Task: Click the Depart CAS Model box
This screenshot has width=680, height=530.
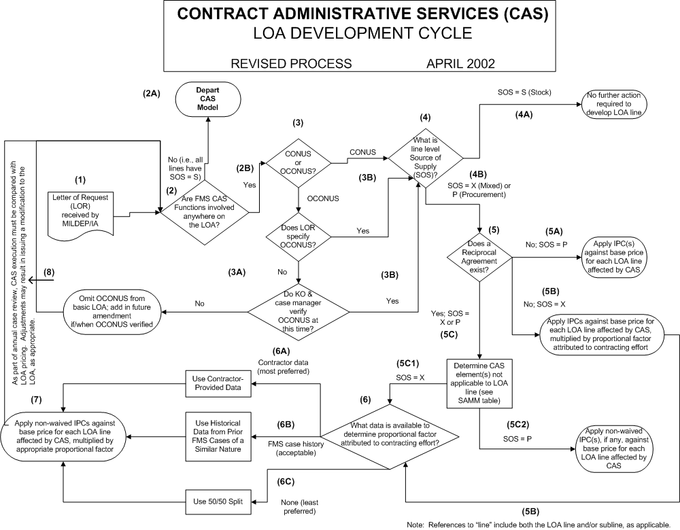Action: [207, 101]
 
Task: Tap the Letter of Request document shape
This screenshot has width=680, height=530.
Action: [80, 211]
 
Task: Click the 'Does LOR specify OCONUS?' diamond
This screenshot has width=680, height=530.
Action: [299, 232]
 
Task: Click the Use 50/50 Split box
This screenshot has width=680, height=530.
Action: [219, 501]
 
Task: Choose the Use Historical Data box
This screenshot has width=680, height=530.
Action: [219, 433]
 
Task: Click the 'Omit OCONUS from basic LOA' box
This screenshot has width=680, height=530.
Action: [112, 313]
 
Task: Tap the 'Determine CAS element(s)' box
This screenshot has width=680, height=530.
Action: [479, 383]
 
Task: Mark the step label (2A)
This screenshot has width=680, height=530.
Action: [151, 94]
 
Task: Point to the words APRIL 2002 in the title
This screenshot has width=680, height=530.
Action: [460, 64]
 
